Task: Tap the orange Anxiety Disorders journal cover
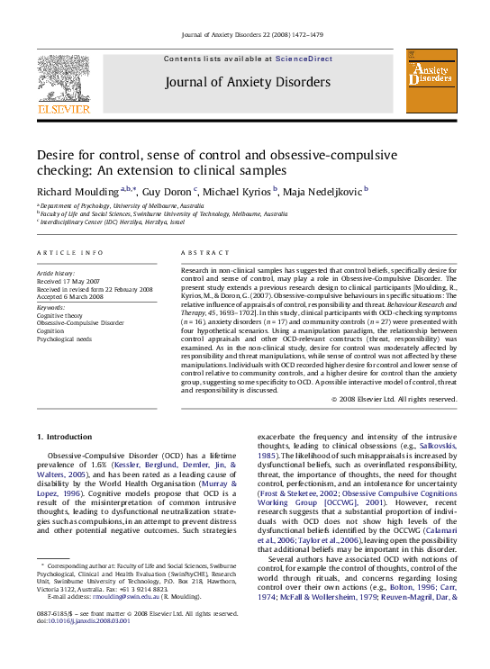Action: point(431,81)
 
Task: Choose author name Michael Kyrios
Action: point(239,191)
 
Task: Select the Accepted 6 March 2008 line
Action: point(70,296)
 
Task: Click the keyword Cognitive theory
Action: point(59,316)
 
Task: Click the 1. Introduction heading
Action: point(64,437)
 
